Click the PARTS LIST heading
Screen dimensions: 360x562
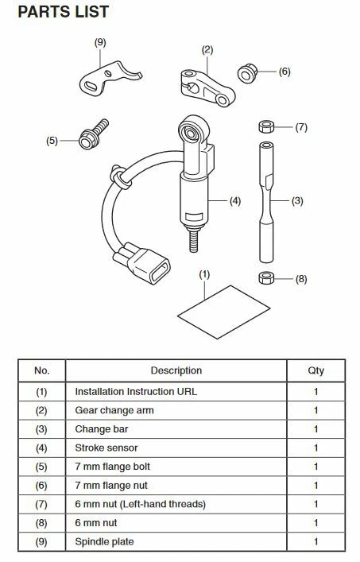pyautogui.click(x=64, y=12)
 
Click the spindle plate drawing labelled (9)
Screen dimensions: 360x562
pyautogui.click(x=107, y=78)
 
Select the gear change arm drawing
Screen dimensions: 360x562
pyautogui.click(x=207, y=87)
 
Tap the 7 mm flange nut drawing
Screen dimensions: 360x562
pyautogui.click(x=247, y=73)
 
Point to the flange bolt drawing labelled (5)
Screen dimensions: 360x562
pyautogui.click(x=93, y=134)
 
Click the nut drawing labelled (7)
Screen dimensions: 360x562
pyautogui.click(x=266, y=127)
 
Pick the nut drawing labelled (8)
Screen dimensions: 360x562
pyautogui.click(x=266, y=278)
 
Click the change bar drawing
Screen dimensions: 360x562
pyautogui.click(x=266, y=202)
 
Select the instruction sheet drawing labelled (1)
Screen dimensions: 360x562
pyautogui.click(x=223, y=312)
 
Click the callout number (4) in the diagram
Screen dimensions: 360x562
pyautogui.click(x=235, y=201)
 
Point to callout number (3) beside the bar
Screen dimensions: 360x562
pyautogui.click(x=297, y=200)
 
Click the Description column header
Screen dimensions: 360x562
pyautogui.click(x=176, y=370)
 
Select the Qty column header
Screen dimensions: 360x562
pyautogui.click(x=315, y=370)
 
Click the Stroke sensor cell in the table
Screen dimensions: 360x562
pyautogui.click(x=106, y=448)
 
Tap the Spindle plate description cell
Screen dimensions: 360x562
pyautogui.click(x=104, y=541)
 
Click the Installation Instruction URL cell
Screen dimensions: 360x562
pyautogui.click(x=136, y=391)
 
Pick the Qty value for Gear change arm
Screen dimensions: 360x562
pyautogui.click(x=315, y=410)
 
